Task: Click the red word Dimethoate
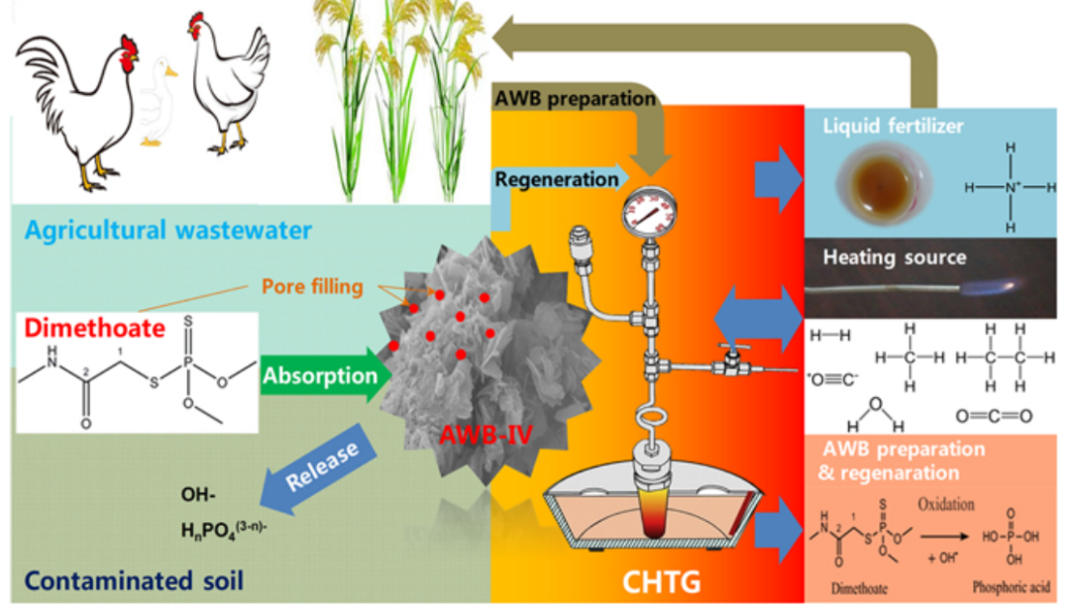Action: tap(75, 329)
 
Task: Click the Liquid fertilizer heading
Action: tap(891, 127)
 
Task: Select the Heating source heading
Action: tap(895, 257)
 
